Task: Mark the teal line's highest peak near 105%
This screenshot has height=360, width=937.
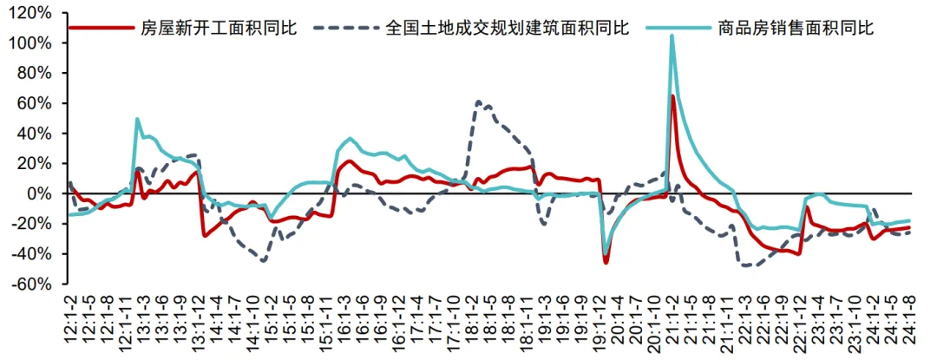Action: (672, 36)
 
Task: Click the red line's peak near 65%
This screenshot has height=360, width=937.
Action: (673, 96)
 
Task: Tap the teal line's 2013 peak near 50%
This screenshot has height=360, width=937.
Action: (138, 119)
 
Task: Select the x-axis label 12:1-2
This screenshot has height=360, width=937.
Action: (69, 320)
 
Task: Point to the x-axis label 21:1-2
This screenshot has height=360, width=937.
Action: (672, 320)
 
